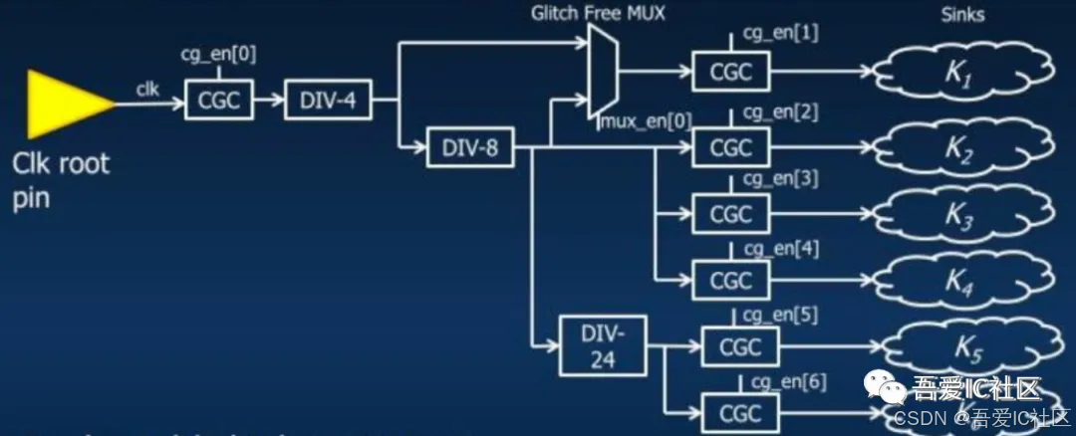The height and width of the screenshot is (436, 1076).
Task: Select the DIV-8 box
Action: click(469, 150)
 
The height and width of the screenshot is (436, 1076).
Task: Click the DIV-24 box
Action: click(602, 344)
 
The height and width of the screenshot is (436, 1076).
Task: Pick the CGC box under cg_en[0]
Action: click(219, 100)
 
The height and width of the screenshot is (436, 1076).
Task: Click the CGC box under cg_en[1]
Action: click(731, 72)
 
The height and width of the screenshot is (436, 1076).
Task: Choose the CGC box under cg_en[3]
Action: click(731, 213)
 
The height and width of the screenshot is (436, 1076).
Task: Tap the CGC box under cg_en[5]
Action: click(740, 346)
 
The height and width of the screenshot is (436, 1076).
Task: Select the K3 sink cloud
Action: click(961, 215)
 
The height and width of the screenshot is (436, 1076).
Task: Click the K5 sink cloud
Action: click(966, 347)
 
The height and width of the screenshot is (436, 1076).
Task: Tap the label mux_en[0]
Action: click(645, 121)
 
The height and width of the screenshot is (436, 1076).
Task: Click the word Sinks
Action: click(963, 14)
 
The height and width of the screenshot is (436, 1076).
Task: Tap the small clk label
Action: click(147, 89)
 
